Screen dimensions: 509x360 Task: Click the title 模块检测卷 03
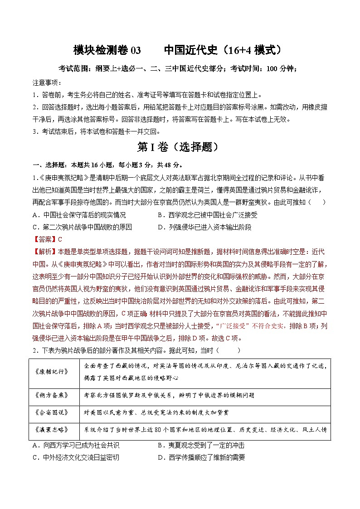(107, 50)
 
